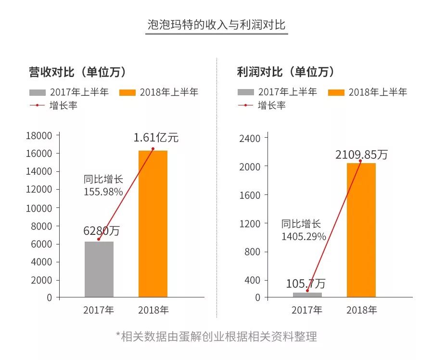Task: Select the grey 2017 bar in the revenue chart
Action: click(x=99, y=270)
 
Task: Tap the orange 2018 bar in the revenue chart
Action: click(x=153, y=224)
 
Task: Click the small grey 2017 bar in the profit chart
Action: click(x=307, y=295)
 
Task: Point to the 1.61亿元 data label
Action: click(x=156, y=138)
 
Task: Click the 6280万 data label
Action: click(x=101, y=231)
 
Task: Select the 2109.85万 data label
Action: click(x=361, y=154)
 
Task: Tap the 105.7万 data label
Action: click(x=306, y=283)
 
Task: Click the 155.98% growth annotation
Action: click(x=103, y=192)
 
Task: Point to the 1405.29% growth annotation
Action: click(x=304, y=236)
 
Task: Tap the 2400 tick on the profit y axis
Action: click(x=250, y=139)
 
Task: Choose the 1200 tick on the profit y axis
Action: click(x=250, y=224)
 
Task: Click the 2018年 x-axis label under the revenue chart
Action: click(x=153, y=310)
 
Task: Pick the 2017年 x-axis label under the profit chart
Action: click(x=307, y=310)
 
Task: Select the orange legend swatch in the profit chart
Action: click(x=336, y=92)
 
